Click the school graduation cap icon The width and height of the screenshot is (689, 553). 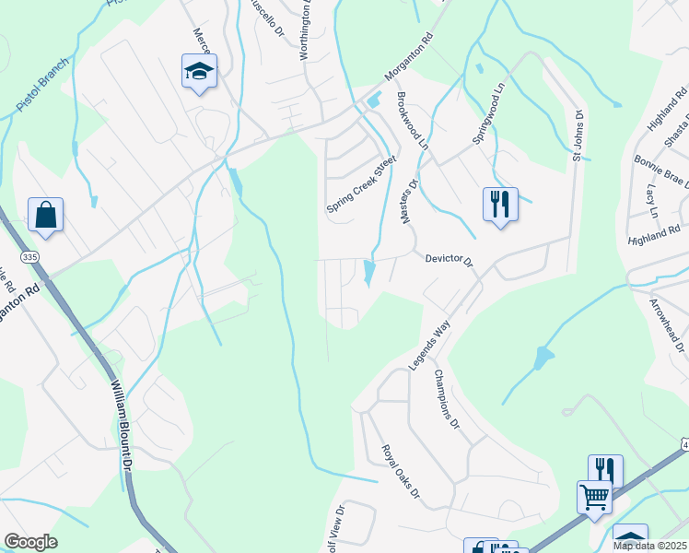click(199, 72)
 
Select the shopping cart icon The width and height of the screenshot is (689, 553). click(594, 497)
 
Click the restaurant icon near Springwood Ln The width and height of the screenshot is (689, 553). click(500, 204)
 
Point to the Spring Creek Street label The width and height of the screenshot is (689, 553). click(361, 184)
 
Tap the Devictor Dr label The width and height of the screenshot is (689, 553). click(449, 261)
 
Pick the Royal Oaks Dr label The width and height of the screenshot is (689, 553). click(402, 472)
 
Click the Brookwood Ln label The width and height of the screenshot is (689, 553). click(412, 121)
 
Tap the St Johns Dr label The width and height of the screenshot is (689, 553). click(578, 136)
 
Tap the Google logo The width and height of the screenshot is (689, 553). click(30, 542)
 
